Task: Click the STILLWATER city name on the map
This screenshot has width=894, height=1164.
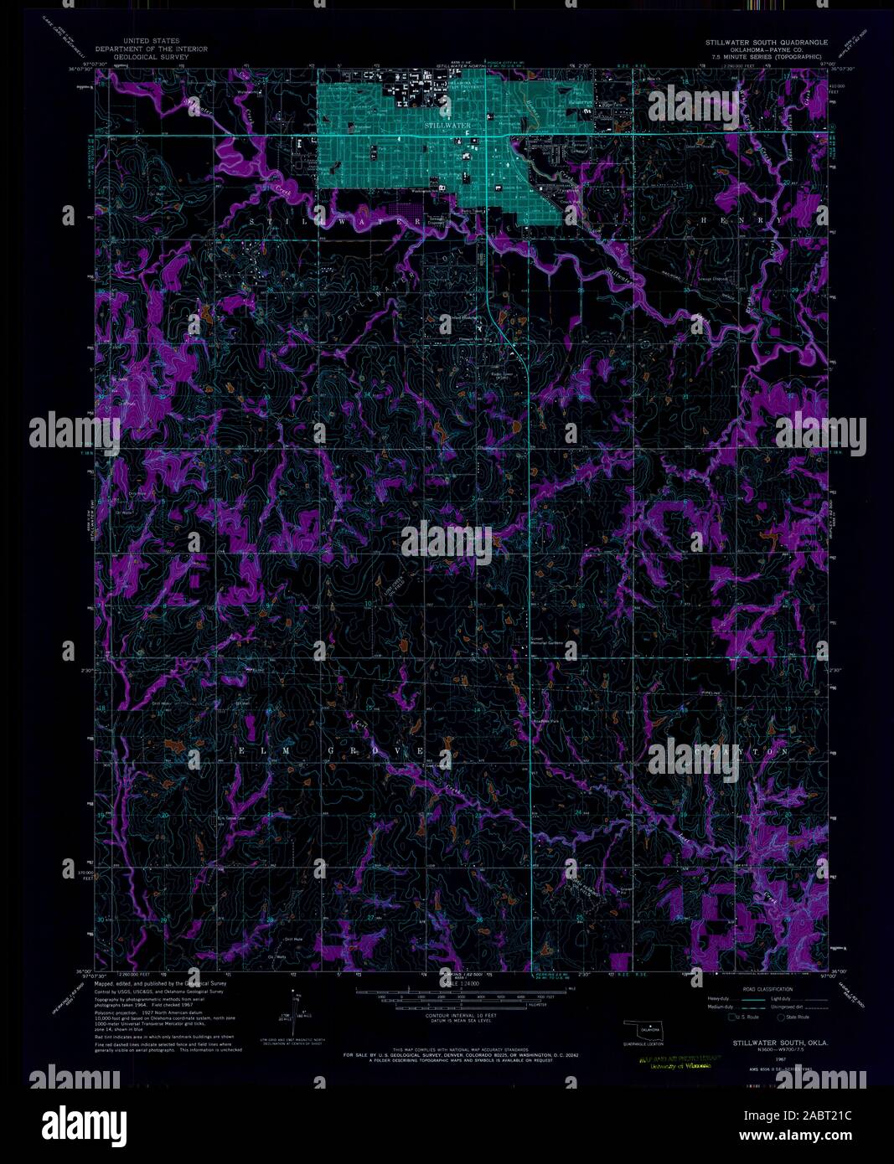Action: pos(447,125)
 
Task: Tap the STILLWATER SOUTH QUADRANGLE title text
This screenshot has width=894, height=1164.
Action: pos(766,42)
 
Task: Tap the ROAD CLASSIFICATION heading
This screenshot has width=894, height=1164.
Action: pos(755,989)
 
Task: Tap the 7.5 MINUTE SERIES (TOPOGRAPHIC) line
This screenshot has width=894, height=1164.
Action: pos(766,57)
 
